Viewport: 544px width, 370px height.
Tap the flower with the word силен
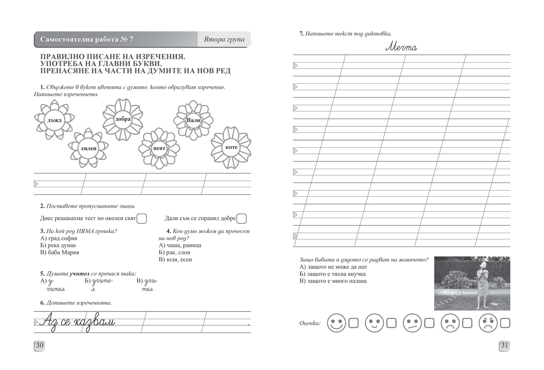89,148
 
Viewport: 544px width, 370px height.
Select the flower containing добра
123,119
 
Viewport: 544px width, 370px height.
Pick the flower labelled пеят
159,148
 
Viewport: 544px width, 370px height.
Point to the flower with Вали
194,120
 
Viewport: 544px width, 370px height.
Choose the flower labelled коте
231,148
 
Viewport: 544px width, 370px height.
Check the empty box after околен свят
142,219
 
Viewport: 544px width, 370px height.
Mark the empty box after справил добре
242,219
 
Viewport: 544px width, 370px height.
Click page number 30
40,346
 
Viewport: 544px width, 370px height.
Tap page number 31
505,346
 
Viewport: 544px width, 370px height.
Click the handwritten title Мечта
402,47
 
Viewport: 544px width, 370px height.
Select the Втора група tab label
224,39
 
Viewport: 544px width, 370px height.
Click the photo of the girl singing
472,283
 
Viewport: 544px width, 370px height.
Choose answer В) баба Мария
60,253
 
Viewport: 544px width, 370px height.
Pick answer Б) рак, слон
175,253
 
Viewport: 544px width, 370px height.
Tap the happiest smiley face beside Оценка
336,323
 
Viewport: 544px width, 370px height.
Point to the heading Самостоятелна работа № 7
87,39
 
